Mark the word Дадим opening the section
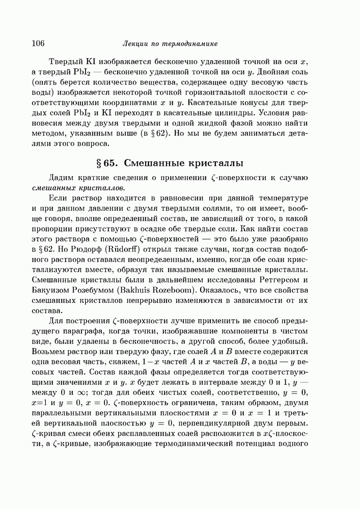61,177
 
